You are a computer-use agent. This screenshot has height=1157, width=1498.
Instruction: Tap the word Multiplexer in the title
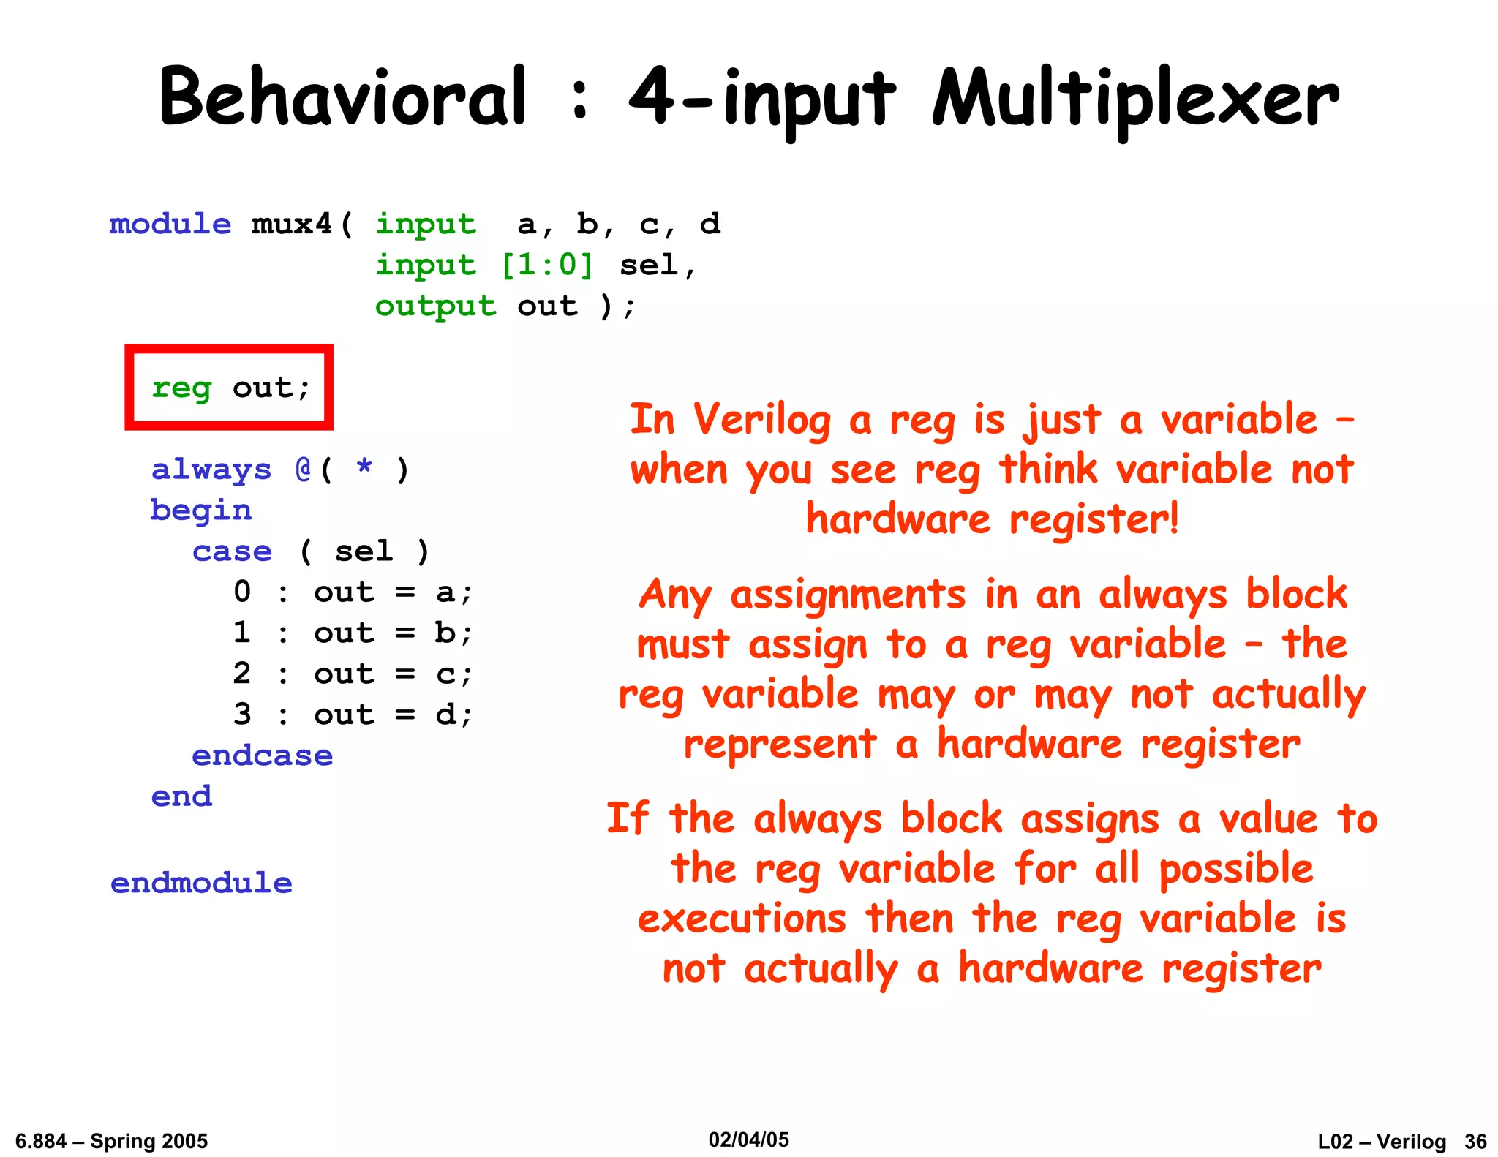(x=1135, y=99)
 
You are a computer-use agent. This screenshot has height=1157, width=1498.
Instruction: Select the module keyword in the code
(x=170, y=224)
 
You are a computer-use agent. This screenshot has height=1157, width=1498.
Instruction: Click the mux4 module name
(x=291, y=224)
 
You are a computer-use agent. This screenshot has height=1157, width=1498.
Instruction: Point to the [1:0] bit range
(x=547, y=265)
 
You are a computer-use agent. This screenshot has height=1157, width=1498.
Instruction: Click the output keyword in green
(x=435, y=306)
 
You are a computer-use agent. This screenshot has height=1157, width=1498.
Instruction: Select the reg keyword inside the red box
(x=181, y=388)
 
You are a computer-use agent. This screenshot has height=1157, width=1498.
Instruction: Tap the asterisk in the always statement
(x=364, y=468)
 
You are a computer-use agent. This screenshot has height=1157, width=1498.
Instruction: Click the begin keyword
(x=201, y=510)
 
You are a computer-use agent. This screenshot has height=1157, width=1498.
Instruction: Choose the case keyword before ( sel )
(x=232, y=551)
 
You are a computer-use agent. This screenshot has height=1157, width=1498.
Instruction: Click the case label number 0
(x=242, y=592)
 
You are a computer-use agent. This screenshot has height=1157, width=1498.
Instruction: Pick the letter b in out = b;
(x=445, y=632)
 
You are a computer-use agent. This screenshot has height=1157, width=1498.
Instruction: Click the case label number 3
(x=242, y=714)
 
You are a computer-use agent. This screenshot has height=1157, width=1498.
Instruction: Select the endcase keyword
(x=262, y=755)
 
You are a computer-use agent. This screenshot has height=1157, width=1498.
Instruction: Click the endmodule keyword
(x=201, y=883)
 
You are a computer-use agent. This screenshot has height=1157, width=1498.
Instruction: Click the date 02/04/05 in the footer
(x=748, y=1139)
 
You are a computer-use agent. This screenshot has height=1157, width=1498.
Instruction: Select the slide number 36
(x=1475, y=1142)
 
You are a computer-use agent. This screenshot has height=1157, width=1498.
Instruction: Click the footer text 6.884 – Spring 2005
(x=111, y=1142)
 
